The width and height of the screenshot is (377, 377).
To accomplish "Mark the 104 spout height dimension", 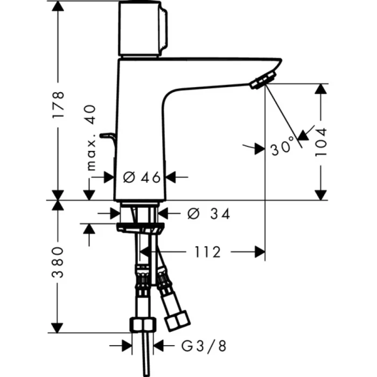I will (x=322, y=142).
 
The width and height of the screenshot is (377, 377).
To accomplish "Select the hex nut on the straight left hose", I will (x=143, y=325).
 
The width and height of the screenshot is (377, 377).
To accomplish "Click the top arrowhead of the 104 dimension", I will (x=322, y=89).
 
